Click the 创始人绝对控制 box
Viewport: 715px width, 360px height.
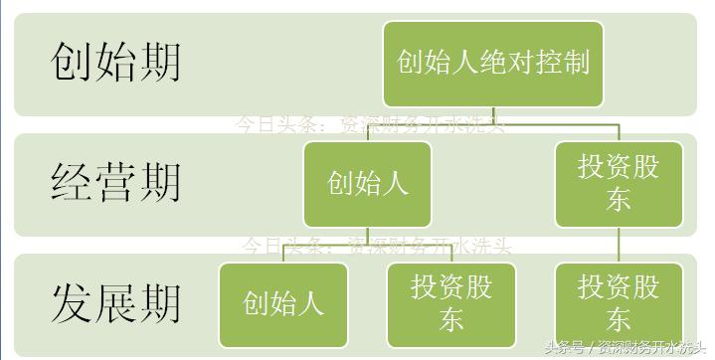(493, 63)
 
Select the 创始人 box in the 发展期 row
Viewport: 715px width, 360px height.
(283, 303)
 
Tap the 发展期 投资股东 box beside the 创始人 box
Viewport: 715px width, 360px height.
(451, 303)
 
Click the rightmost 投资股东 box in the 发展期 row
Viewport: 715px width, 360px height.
(619, 303)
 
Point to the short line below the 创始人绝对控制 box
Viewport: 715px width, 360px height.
(494, 115)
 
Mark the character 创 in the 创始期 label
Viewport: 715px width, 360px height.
(71, 62)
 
